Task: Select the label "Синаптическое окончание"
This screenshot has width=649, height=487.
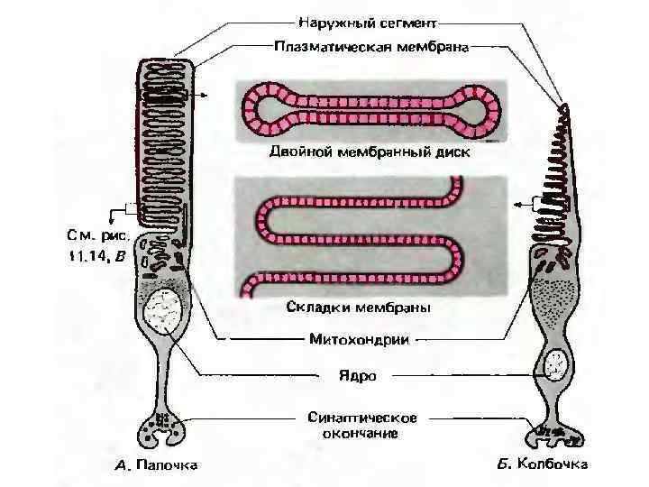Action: (361, 425)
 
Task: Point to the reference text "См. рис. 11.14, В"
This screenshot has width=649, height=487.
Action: (99, 246)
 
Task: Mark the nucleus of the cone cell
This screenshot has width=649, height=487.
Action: (555, 366)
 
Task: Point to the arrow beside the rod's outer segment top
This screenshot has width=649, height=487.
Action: (206, 94)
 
